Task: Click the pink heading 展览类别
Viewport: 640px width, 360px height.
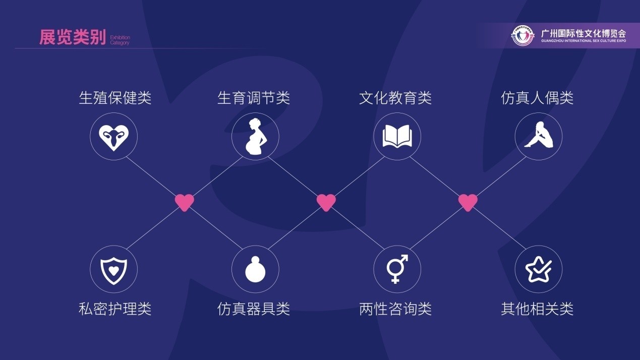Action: (73, 37)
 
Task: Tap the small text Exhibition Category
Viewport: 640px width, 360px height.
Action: (120, 40)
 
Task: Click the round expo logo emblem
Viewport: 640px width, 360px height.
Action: (522, 35)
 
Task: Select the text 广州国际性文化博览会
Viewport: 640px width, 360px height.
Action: (584, 34)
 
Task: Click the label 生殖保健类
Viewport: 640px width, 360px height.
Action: (115, 98)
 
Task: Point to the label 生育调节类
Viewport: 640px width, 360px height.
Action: (254, 98)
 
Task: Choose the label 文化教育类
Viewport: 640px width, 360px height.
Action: (395, 98)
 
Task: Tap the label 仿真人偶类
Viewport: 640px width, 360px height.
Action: (537, 98)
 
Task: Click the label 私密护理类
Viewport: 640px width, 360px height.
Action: (115, 309)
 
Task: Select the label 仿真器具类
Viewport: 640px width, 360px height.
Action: (254, 309)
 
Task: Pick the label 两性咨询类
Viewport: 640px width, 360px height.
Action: (395, 309)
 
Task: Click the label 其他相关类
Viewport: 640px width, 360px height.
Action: (537, 309)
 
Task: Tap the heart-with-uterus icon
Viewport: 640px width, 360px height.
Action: (113, 138)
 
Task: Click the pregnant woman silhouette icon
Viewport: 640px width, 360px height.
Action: (255, 137)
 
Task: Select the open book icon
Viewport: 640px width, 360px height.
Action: (397, 136)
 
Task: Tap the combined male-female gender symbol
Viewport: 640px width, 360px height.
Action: (397, 269)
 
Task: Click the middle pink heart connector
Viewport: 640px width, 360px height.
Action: (326, 202)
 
